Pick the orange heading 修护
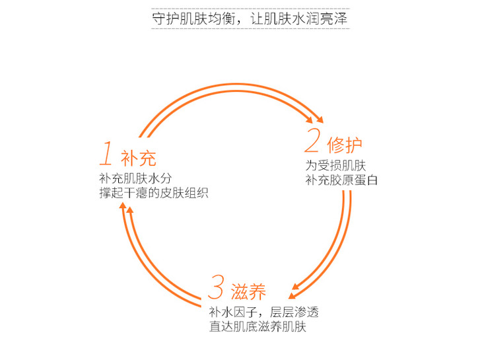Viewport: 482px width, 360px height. [344, 145]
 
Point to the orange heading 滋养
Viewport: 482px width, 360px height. [248, 291]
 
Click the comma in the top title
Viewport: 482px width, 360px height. [242, 22]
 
